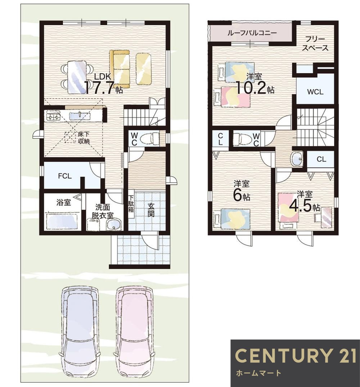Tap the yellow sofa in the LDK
pos(120,69)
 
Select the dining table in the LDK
pos(76,77)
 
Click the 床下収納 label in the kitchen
pos(84,138)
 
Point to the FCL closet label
pos(65,176)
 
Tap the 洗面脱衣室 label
pos(103,211)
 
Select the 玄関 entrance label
pos(151,210)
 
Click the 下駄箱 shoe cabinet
pos(131,204)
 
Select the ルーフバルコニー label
pos(252,33)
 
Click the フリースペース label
pos(315,44)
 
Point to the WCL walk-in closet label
pos(315,92)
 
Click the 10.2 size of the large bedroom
pos(252,87)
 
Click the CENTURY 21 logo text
pos(296,356)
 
